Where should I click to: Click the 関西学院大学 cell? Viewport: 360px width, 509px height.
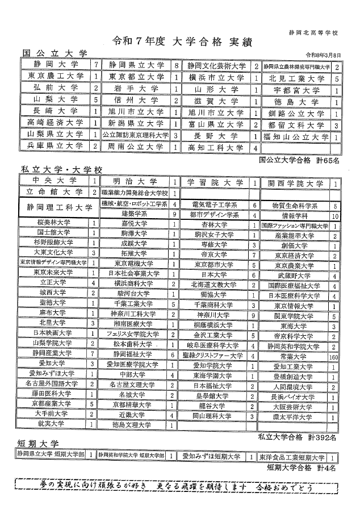pyautogui.click(x=295, y=183)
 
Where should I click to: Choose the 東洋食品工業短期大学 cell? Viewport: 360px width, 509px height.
pyautogui.click(x=292, y=456)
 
